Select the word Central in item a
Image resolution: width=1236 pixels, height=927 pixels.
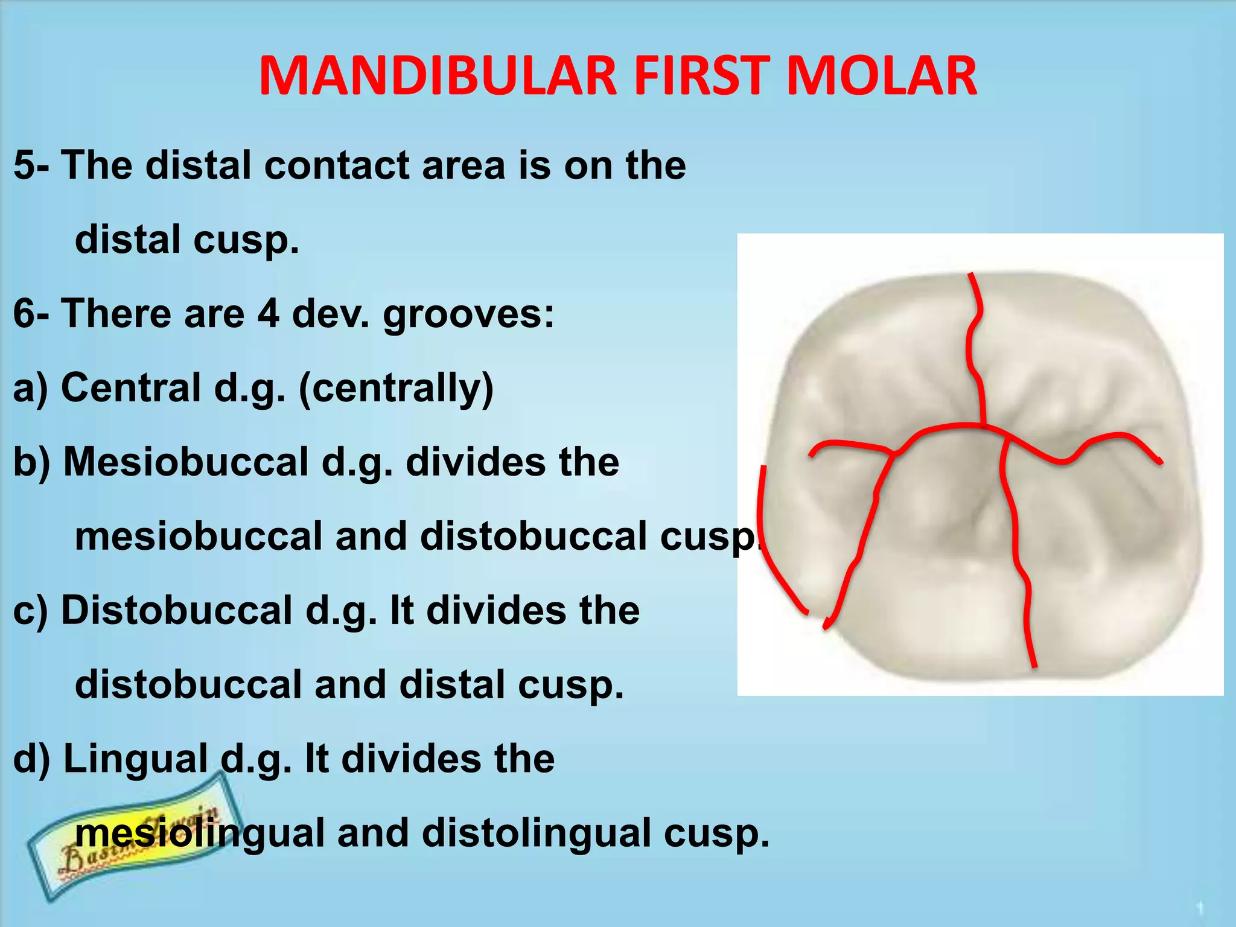(x=130, y=387)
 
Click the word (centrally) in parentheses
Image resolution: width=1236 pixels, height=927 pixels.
(x=396, y=389)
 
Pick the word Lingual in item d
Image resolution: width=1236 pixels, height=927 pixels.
(x=135, y=759)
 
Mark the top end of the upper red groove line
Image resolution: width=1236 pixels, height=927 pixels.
(x=970, y=275)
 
